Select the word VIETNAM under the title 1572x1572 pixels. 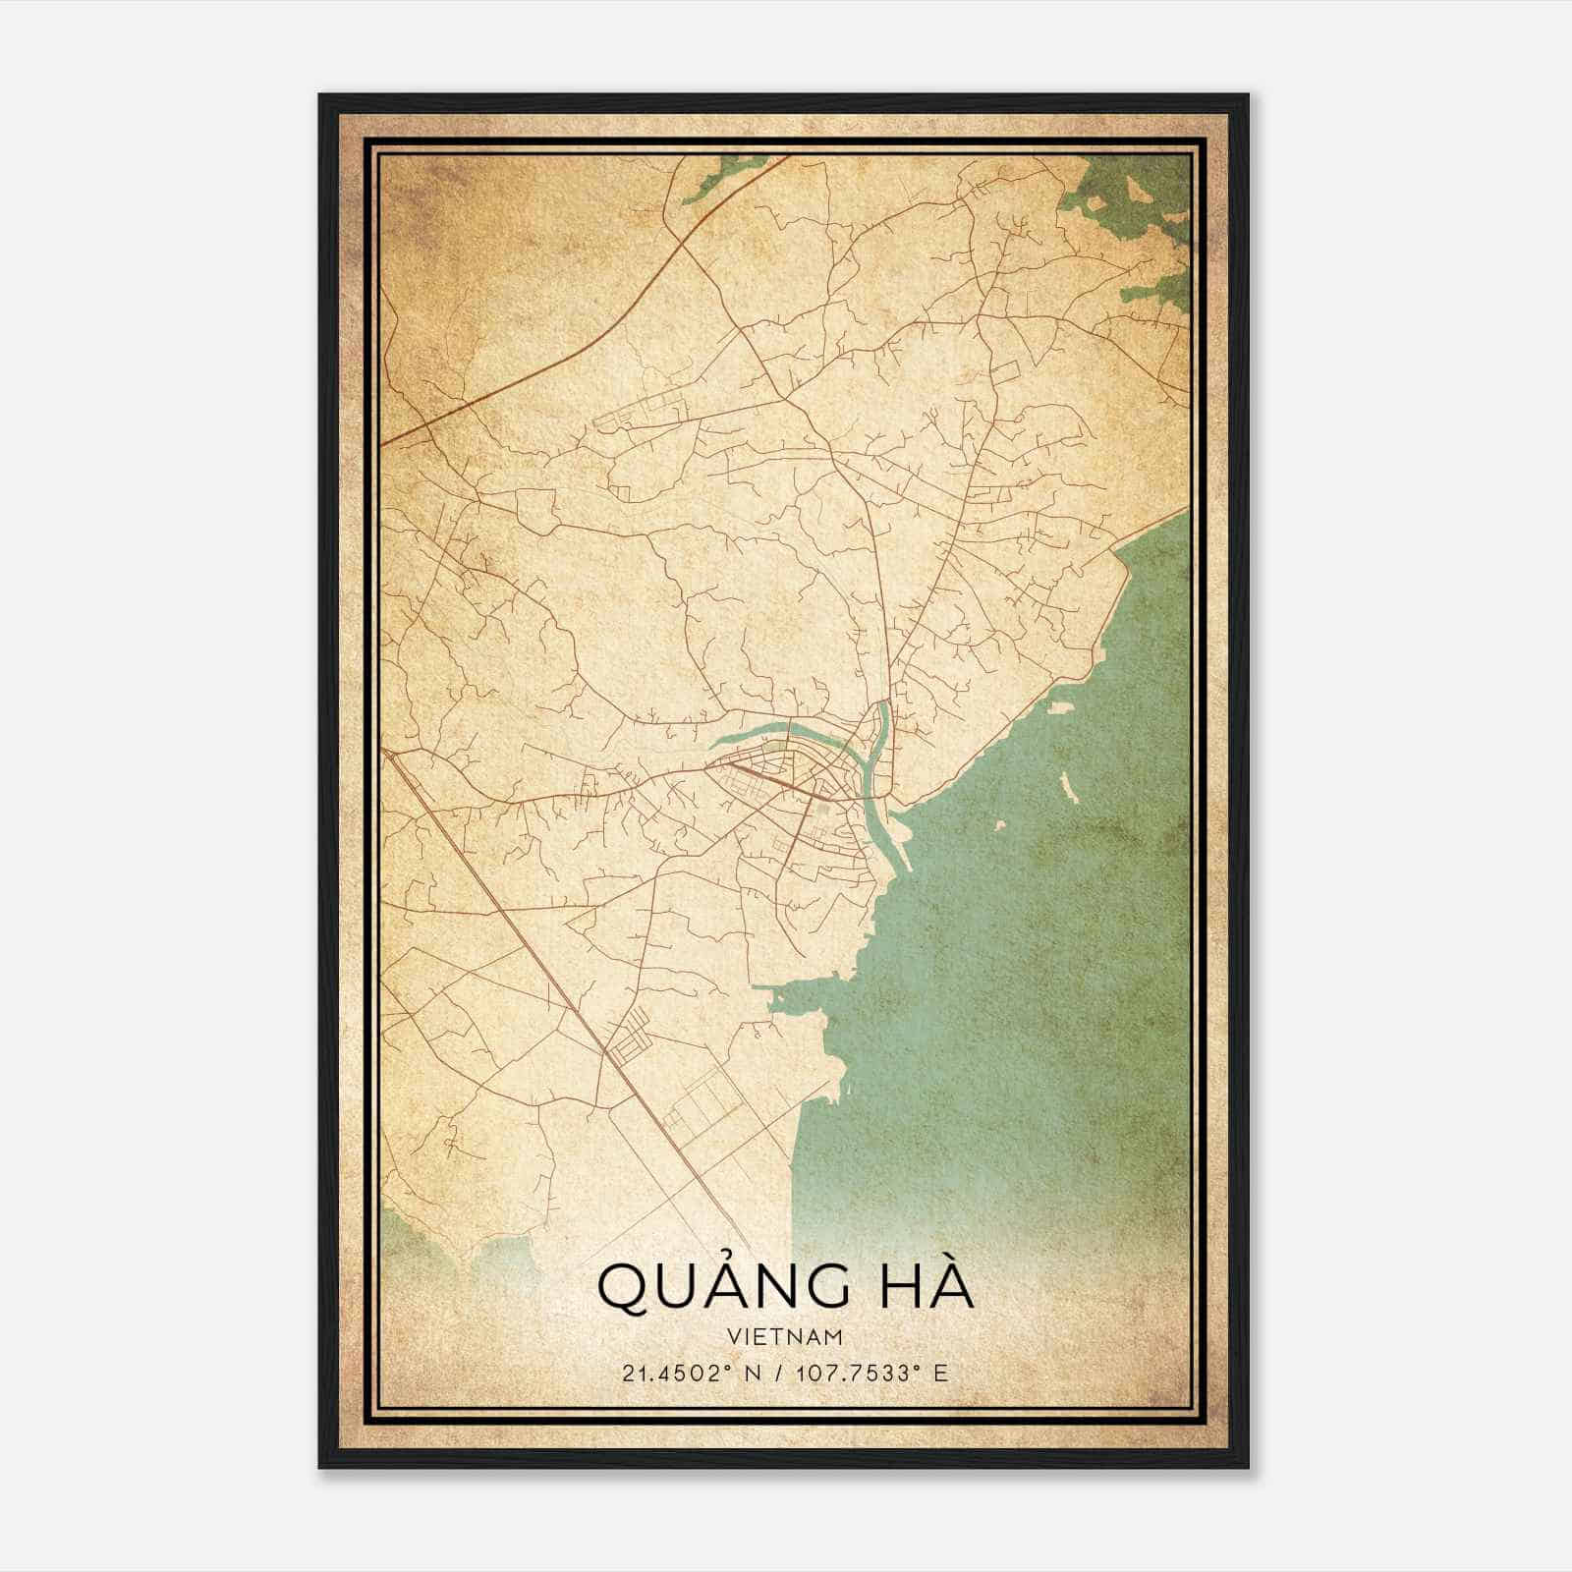click(786, 1336)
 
